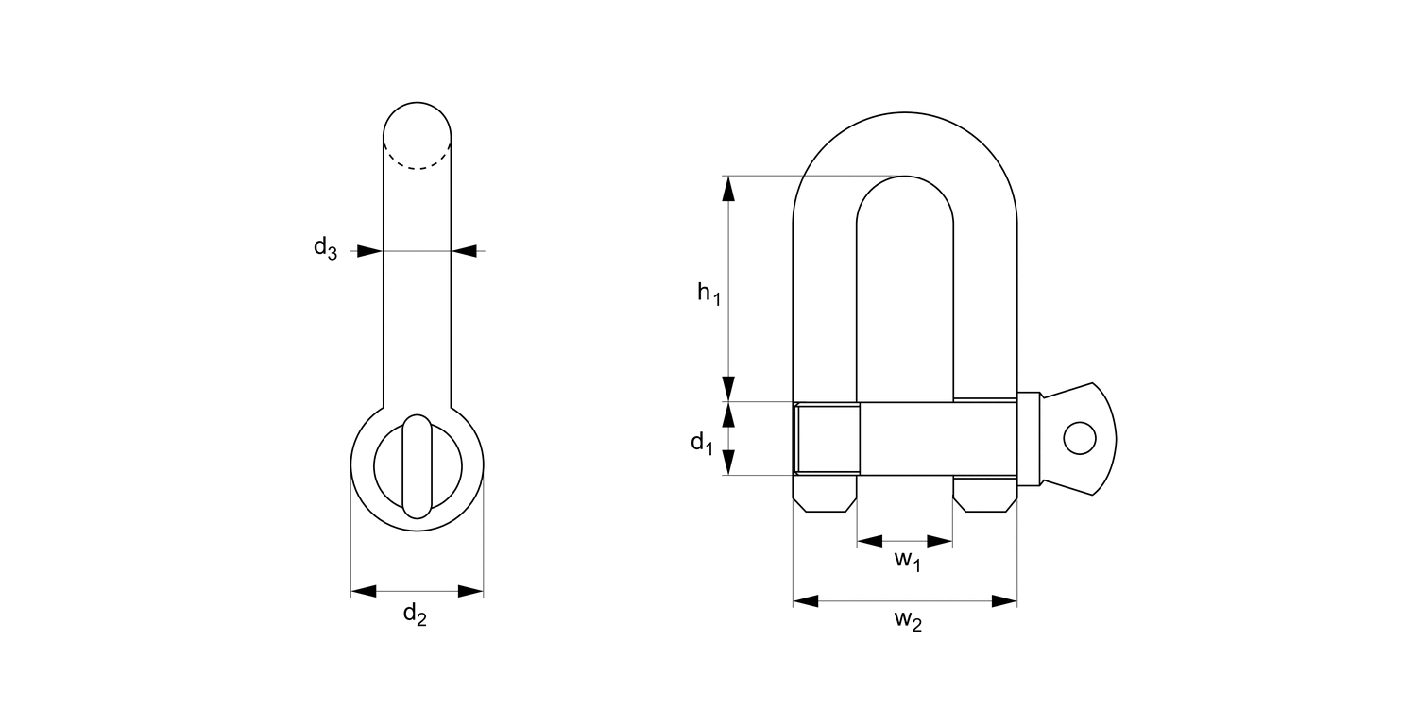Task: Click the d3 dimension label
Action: pos(325,249)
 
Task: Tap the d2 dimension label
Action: pos(415,615)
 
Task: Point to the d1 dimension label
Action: pos(701,442)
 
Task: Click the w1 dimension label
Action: pos(907,561)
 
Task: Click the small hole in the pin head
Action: pos(1079,438)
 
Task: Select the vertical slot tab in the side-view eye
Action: pos(417,466)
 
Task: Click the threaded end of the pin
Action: pos(828,439)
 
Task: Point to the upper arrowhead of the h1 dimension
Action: pos(728,189)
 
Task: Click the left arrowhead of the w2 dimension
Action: pos(806,601)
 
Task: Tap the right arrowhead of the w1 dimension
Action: pos(940,541)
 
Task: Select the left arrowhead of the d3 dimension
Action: pos(370,251)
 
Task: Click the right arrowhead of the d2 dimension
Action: pos(470,592)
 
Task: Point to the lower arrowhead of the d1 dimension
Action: pos(728,463)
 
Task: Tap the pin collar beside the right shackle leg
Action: pos(1029,439)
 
